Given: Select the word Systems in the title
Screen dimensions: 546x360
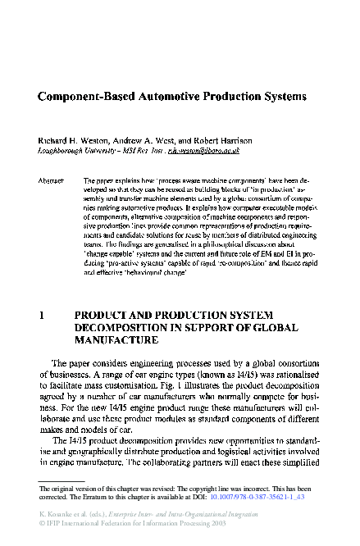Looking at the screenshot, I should tap(284, 96).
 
